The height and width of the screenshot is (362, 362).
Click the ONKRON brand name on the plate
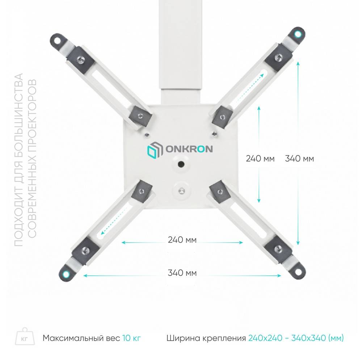(189, 149)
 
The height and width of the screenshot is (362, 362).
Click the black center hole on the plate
(181, 164)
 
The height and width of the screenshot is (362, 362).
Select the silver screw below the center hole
(182, 191)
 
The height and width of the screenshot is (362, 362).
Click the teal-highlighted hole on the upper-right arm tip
(297, 34)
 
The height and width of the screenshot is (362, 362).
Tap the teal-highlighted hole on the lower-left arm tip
(66, 274)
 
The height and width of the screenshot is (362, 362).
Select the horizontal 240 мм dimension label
(182, 240)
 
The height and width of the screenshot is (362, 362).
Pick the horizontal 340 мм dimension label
(182, 273)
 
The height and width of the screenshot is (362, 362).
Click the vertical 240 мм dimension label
(260, 159)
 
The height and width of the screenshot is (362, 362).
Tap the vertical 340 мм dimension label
(299, 159)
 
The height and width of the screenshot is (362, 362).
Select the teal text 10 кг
(131, 338)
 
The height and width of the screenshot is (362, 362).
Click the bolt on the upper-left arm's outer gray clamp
(81, 60)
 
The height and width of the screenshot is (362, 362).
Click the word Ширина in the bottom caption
(183, 338)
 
